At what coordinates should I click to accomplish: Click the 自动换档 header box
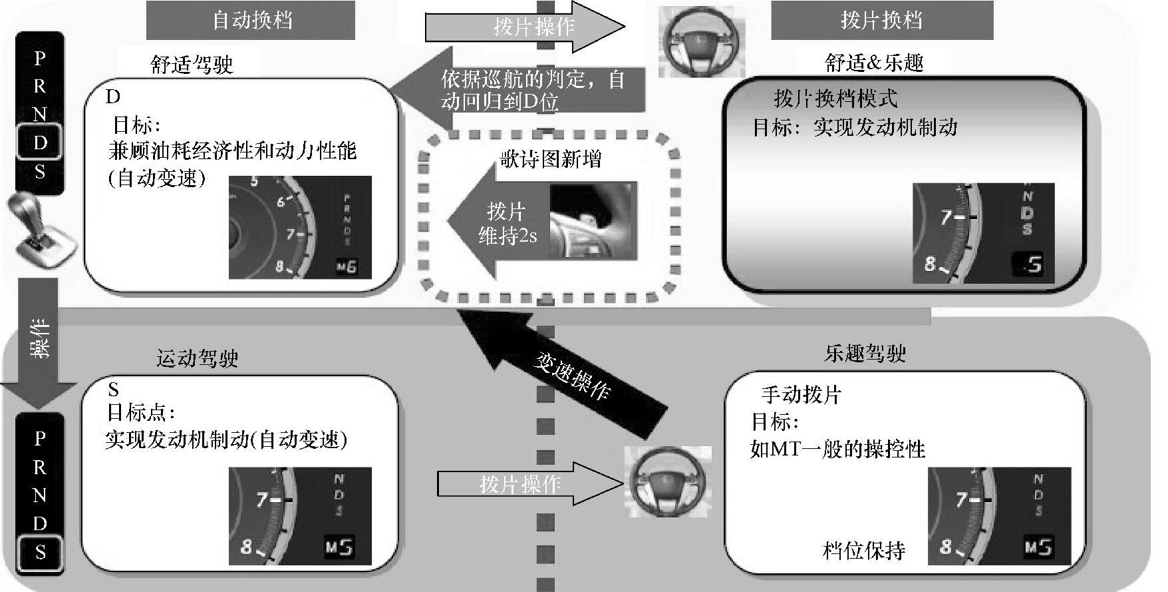251,20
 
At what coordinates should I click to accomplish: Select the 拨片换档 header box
881,20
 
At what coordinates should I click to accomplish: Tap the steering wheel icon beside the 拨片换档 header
701,41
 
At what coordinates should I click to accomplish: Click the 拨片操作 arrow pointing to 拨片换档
525,27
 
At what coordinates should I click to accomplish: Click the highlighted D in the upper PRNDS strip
40,143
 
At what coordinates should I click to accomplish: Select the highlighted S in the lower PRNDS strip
40,552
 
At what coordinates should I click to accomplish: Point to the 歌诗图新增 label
551,159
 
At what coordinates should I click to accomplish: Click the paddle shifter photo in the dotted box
593,220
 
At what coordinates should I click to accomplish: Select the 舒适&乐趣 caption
874,63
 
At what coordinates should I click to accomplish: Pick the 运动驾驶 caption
197,359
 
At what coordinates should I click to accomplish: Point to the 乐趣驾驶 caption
865,354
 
